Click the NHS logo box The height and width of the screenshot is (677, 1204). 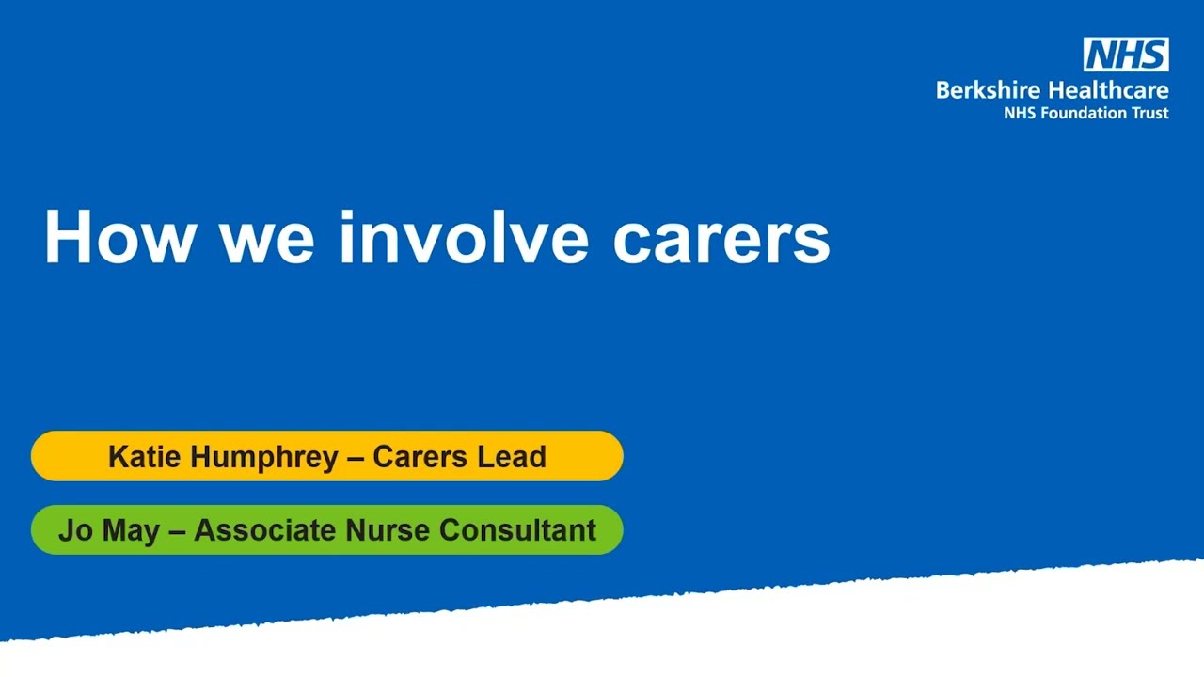tap(1126, 55)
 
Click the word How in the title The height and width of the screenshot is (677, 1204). tap(119, 237)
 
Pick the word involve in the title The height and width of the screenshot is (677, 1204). tap(463, 237)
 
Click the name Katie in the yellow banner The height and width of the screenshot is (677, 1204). tap(143, 457)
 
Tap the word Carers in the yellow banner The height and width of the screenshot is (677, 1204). tap(420, 457)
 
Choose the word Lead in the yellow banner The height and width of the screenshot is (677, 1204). tap(512, 457)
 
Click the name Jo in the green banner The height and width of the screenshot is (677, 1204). tap(75, 530)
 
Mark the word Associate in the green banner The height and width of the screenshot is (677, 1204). tap(265, 530)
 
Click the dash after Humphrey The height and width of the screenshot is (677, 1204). tap(356, 458)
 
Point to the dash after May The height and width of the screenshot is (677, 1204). tap(177, 531)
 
